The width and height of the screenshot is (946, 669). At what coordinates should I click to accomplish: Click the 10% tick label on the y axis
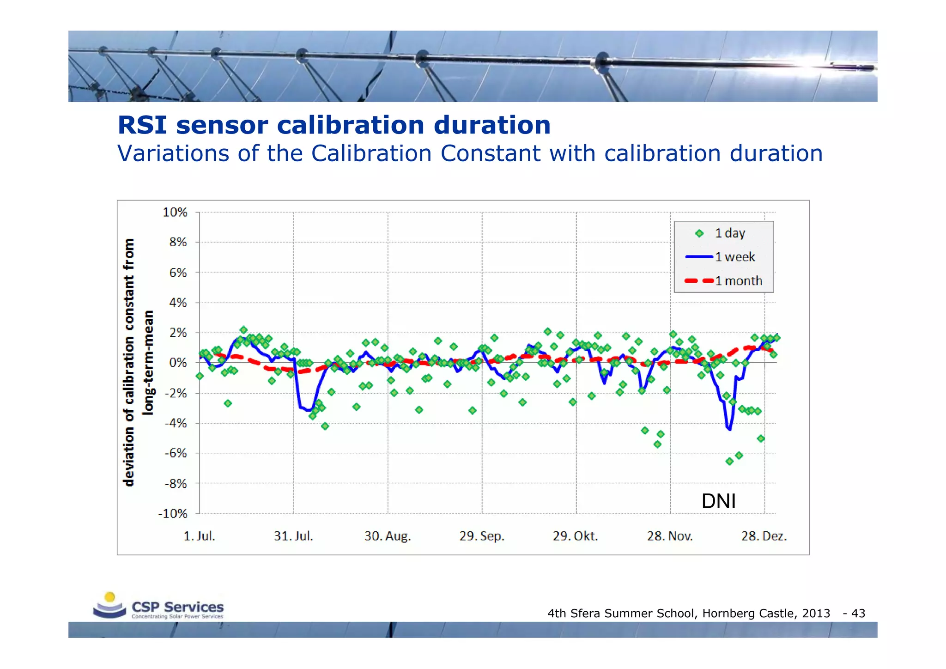pos(175,213)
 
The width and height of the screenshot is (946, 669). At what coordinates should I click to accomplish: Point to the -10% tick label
pos(173,514)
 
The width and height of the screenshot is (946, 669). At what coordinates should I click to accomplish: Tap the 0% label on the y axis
pos(178,363)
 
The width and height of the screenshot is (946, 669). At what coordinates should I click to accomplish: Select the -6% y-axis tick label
pos(176,453)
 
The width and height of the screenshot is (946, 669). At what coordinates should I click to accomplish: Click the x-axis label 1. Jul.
pos(200,536)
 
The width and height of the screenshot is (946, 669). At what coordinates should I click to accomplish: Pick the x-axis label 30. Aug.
pos(388,536)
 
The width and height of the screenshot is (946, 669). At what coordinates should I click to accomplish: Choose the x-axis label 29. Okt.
pos(576,536)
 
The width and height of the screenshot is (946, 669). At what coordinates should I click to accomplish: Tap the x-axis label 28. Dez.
pos(764,536)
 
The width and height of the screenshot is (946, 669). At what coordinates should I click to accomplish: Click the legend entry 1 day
pos(730,233)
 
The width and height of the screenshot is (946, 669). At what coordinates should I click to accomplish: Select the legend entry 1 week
pos(734,257)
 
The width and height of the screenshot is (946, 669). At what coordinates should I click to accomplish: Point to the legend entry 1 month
pos(738,281)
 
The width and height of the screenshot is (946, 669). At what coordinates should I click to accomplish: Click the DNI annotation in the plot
pos(718,501)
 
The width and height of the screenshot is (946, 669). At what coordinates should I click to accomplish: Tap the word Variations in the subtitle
pos(173,153)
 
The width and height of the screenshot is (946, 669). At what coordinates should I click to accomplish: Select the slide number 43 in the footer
pos(858,613)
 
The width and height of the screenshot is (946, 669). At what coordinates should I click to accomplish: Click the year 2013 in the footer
pos(816,613)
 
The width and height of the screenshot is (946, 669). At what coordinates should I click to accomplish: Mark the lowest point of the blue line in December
pos(729,429)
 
